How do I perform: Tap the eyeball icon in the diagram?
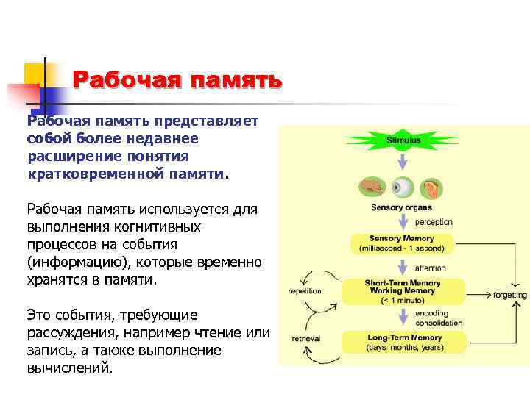pos(403,188)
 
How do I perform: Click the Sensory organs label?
pos(401,208)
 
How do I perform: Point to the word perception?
pos(434,221)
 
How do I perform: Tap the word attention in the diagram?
pos(431,268)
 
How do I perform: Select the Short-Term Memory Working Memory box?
pos(403,291)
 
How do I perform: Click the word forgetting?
pos(510,296)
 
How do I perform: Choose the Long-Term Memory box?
pos(404,341)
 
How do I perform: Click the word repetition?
pos(305,291)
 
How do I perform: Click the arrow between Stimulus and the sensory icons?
pos(403,161)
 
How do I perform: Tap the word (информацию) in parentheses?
pos(71,262)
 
